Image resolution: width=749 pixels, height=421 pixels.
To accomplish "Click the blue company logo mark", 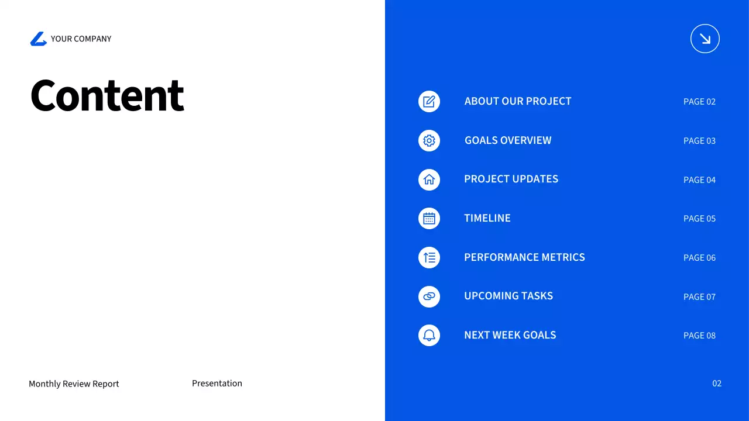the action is click(x=39, y=39).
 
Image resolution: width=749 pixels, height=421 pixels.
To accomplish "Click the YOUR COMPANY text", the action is click(x=81, y=39).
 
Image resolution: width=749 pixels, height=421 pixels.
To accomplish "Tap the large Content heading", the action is click(x=107, y=95).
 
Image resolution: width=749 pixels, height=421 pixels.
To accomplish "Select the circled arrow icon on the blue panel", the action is click(x=705, y=39).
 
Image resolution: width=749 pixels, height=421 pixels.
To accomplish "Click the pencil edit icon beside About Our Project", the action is click(x=429, y=101).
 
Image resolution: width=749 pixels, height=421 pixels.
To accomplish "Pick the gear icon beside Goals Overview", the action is click(x=429, y=140).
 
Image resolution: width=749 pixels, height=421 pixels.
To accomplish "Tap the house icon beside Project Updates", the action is click(x=429, y=180).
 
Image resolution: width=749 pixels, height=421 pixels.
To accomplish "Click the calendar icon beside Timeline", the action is click(x=429, y=219).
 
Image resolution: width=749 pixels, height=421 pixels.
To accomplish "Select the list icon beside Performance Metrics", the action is click(x=429, y=257).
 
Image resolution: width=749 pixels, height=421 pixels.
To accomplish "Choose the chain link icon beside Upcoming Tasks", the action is click(x=429, y=296).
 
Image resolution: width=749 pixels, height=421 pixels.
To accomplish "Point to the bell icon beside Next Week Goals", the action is click(x=429, y=335).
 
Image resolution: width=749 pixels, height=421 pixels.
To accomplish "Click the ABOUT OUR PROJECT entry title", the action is click(x=518, y=101).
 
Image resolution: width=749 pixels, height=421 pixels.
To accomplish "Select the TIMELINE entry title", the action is click(x=487, y=218).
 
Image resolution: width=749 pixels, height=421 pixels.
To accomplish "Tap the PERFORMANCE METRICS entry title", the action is click(x=524, y=257).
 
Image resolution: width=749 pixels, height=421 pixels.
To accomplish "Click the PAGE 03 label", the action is click(x=699, y=141).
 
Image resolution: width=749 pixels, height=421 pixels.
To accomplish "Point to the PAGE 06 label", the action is click(x=699, y=258).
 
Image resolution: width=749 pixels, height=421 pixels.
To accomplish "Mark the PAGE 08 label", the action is click(x=699, y=336).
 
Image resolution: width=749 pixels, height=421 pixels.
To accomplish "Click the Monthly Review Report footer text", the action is click(x=74, y=384).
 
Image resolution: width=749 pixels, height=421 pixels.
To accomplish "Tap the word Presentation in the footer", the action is click(x=217, y=383).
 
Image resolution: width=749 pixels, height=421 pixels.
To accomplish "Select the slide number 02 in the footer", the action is click(x=717, y=383).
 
